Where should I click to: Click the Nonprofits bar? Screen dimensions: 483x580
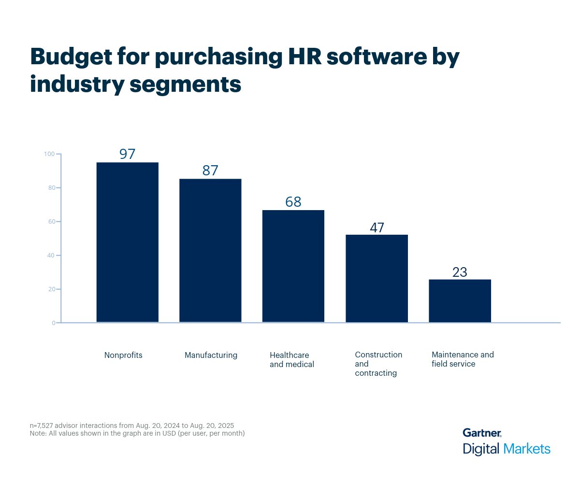click(x=128, y=242)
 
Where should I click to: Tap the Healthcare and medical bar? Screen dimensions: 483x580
click(x=293, y=266)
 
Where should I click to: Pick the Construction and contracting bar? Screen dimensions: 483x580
click(x=377, y=278)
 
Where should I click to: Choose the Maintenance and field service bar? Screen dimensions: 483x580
click(x=460, y=300)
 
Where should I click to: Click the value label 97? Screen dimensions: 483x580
click(x=128, y=154)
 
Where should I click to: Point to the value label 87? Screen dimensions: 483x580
click(x=210, y=170)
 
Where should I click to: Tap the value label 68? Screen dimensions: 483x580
click(x=293, y=202)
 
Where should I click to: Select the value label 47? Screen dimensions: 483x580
click(x=377, y=227)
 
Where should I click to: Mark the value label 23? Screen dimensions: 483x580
click(x=460, y=272)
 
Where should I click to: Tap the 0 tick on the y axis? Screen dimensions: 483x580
click(x=53, y=323)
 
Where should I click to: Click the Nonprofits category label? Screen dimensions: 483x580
click(x=123, y=355)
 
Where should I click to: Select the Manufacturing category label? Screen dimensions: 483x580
click(x=211, y=355)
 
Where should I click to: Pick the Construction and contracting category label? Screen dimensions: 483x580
click(x=378, y=364)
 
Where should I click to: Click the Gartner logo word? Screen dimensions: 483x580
click(x=481, y=433)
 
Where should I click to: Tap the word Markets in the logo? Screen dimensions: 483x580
click(x=527, y=449)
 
